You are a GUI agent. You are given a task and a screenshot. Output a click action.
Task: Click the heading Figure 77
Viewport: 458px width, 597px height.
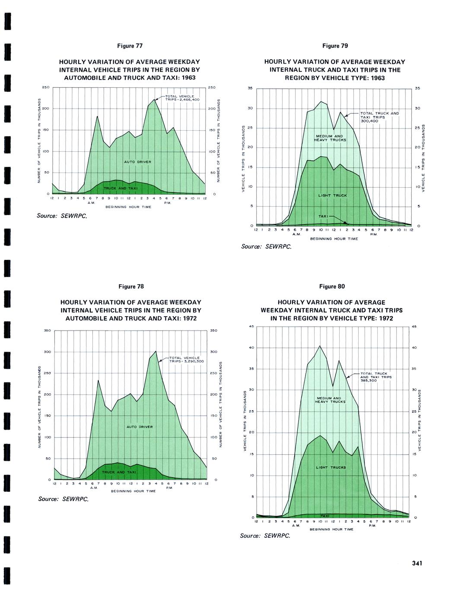click(x=130, y=46)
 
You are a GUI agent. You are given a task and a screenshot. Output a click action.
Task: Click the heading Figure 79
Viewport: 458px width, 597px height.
click(x=335, y=46)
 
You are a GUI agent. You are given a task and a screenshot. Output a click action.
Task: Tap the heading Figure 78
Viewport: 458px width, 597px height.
click(x=131, y=286)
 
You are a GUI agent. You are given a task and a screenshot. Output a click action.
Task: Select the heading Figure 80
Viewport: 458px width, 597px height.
click(x=332, y=286)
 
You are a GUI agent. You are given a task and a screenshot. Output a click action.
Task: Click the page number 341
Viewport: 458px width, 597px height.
click(x=417, y=563)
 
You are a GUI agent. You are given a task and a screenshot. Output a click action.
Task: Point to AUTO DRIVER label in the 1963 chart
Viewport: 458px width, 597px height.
click(x=138, y=162)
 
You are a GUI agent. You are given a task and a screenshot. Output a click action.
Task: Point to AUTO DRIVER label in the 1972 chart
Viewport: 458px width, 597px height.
click(x=140, y=427)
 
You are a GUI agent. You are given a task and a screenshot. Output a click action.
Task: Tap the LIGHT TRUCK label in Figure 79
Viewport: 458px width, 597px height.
click(x=333, y=196)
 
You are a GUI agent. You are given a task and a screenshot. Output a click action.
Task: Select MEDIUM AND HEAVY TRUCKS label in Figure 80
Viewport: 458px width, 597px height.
click(x=331, y=400)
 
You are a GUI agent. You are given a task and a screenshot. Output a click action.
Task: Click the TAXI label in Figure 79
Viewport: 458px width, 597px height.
click(x=324, y=216)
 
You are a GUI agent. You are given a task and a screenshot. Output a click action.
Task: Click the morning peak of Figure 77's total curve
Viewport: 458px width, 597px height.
click(x=97, y=116)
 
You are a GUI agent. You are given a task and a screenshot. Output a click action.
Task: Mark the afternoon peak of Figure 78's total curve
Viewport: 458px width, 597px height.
click(x=156, y=351)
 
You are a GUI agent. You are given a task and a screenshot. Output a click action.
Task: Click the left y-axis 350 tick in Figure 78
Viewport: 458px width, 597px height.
click(x=48, y=331)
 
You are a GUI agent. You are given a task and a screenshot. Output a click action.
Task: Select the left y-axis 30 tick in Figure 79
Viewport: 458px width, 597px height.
click(x=250, y=108)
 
